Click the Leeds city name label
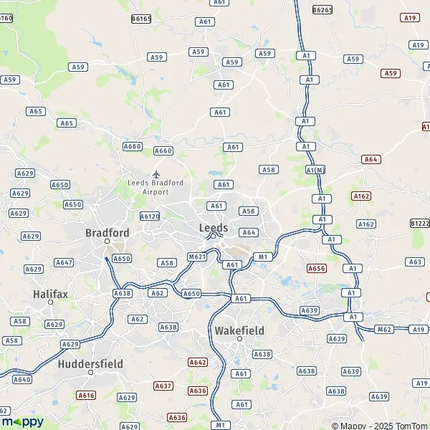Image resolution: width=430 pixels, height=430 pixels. point(213,228)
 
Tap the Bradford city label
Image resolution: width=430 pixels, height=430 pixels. point(107,233)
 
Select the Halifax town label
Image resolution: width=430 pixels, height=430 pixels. point(50,294)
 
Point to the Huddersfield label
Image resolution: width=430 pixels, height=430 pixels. point(90,363)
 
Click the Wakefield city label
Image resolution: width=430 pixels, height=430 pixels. point(239,331)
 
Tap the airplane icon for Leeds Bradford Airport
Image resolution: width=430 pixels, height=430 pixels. point(156,174)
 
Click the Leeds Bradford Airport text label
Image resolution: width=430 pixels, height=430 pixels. point(156,187)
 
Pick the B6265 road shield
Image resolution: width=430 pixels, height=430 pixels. point(322,9)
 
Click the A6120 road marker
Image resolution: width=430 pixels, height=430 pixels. point(149,216)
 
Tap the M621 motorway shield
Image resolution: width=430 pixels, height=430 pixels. point(197,257)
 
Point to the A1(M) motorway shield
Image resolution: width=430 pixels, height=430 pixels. point(315,170)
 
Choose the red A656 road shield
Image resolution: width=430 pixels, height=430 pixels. point(316,268)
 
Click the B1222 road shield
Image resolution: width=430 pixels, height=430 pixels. point(420,224)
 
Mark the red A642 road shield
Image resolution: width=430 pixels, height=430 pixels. point(198,362)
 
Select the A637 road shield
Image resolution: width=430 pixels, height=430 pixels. point(163,386)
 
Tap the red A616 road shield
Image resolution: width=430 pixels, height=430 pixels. point(86,395)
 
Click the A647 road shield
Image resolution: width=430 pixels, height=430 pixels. point(64,262)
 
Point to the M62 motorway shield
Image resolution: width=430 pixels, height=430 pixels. point(383,329)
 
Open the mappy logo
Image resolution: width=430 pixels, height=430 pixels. point(23,421)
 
